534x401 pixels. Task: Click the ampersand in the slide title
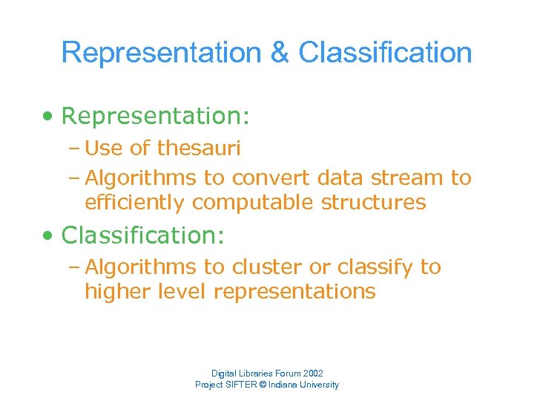pyautogui.click(x=280, y=53)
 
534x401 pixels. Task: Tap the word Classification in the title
pyautogui.click(x=385, y=53)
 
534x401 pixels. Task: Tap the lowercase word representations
pyautogui.click(x=294, y=292)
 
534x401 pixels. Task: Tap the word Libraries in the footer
pyautogui.click(x=255, y=374)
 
